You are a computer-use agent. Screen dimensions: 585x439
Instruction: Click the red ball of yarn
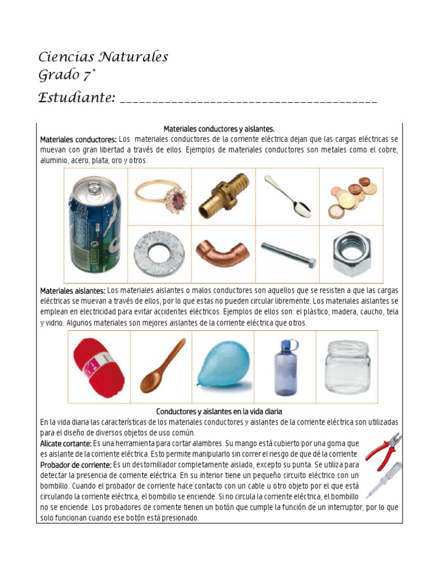(99, 367)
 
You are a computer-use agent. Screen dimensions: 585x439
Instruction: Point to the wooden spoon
(162, 366)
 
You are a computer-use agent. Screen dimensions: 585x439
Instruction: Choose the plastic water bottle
(286, 367)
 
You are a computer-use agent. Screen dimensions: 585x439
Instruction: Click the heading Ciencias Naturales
(103, 57)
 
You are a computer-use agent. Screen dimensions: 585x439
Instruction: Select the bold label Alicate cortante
(66, 443)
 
